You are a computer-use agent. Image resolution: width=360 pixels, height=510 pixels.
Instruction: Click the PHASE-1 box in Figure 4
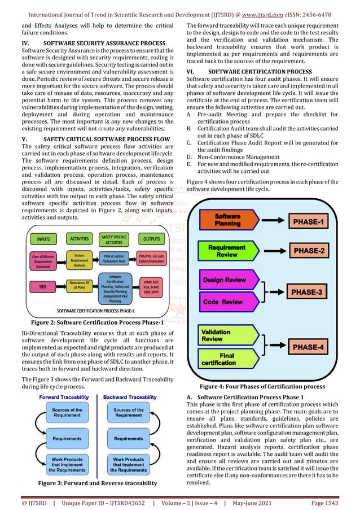tap(307, 222)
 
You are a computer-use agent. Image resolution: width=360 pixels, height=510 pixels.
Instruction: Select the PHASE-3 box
tap(307, 293)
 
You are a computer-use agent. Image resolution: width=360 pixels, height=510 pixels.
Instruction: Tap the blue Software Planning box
tap(227, 220)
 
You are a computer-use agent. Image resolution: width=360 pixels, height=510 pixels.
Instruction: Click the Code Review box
tap(223, 302)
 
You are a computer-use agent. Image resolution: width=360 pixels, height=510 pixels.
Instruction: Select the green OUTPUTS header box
tap(151, 238)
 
